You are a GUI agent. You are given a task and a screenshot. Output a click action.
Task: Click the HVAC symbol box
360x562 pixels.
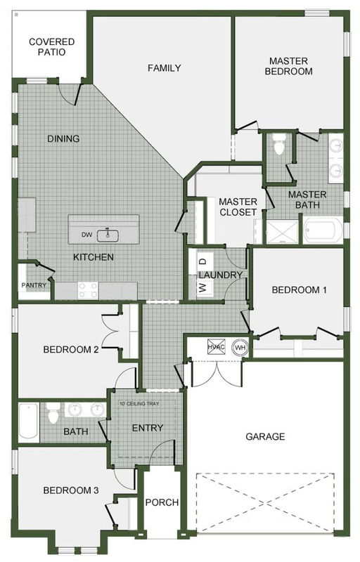217,346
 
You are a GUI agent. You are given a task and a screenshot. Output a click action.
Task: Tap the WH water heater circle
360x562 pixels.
240,347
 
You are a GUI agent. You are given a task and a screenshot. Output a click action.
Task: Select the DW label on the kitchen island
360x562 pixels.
86,235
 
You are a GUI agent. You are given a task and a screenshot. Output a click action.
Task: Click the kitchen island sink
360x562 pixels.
108,235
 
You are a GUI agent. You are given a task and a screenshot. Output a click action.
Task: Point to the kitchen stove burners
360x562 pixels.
88,290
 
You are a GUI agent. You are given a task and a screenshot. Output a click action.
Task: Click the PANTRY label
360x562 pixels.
34,285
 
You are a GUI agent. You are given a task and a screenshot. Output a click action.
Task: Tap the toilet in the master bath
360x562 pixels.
278,144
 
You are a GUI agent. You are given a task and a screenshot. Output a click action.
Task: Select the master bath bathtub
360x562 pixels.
323,230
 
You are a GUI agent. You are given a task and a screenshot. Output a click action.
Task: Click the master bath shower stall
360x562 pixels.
282,233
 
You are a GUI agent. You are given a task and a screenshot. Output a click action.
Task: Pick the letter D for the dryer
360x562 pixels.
203,261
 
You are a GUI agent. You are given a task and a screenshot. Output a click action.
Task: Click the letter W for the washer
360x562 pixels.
203,287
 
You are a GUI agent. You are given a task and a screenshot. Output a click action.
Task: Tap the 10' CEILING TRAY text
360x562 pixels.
139,403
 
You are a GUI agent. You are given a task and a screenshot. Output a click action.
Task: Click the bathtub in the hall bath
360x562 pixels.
29,421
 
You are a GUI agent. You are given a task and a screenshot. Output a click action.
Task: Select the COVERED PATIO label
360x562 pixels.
51,47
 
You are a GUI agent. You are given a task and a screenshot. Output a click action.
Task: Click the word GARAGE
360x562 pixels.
265,436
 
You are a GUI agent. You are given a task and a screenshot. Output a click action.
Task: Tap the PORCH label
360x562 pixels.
162,502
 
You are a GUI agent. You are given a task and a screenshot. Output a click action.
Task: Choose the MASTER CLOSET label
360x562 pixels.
238,207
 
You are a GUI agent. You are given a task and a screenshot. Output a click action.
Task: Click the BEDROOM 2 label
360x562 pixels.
71,349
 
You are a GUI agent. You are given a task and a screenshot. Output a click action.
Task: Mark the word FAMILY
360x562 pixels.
165,67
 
